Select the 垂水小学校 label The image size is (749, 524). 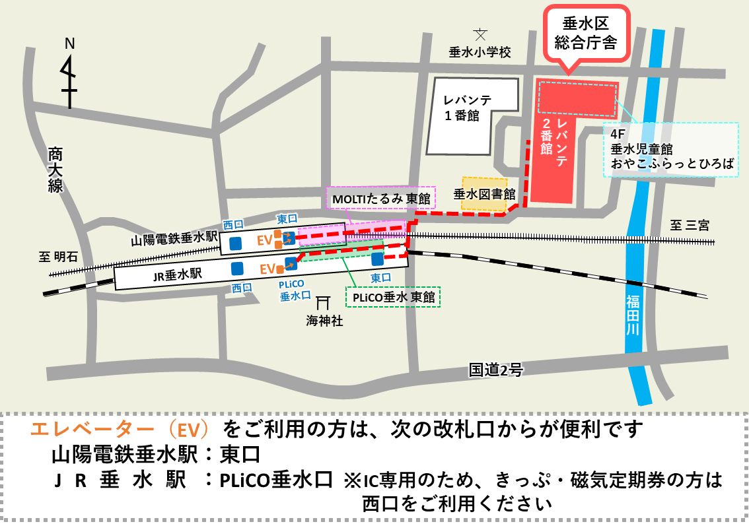pos(480,52)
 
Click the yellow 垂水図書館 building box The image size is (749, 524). pos(484,194)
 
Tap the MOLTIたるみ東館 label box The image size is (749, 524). pos(381,198)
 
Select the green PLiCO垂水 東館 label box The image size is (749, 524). pos(394,297)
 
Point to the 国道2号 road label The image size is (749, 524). pos(495,370)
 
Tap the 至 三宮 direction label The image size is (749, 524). pos(689,225)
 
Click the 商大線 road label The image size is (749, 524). pos(55,170)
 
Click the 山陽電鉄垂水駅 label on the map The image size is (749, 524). pos(174,239)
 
